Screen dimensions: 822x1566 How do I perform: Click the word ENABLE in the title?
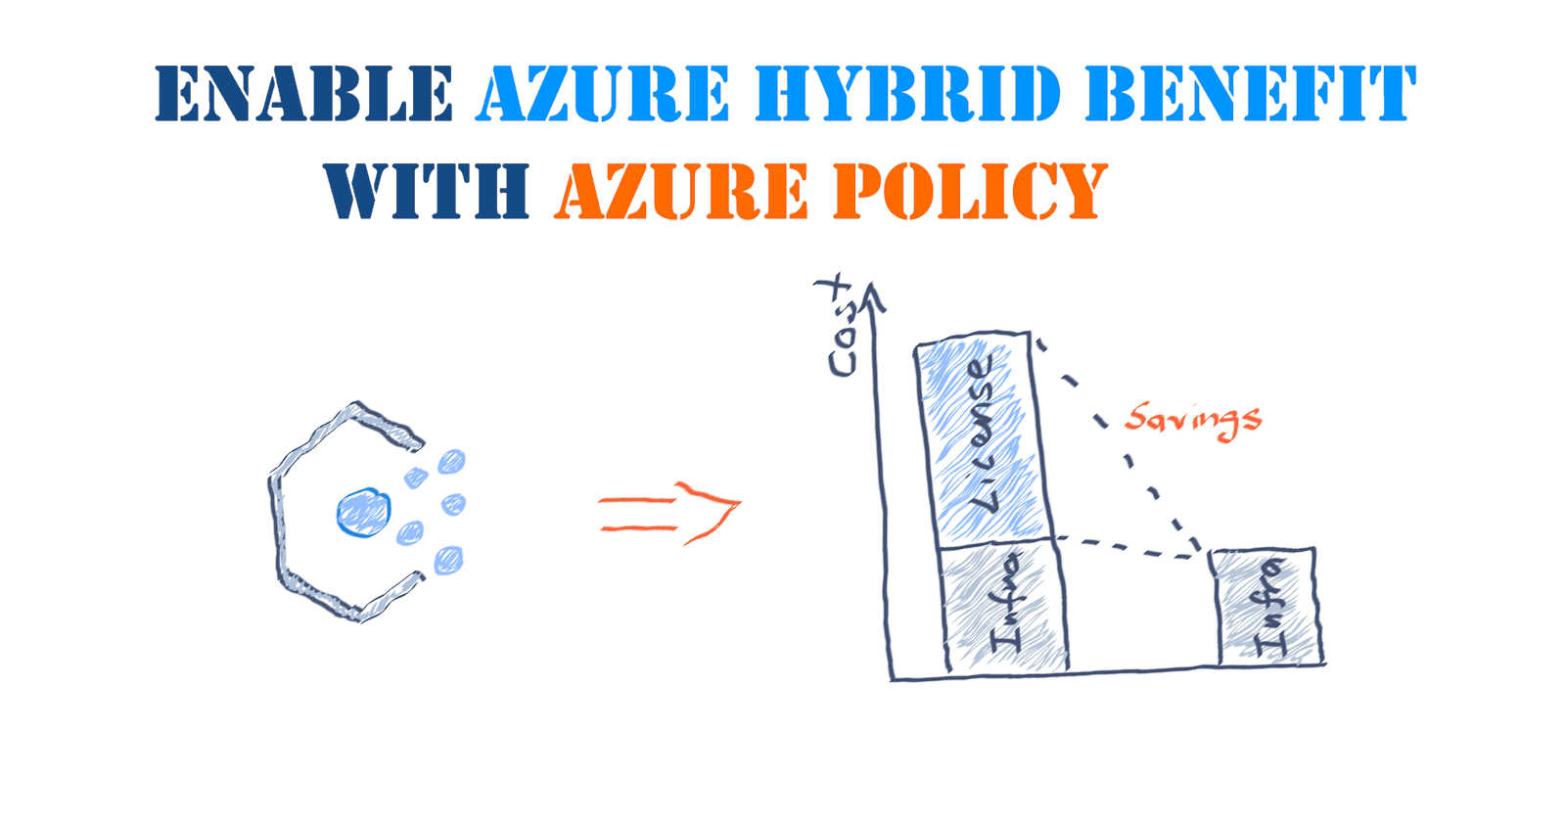[303, 95]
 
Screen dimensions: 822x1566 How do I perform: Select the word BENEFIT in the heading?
[1250, 95]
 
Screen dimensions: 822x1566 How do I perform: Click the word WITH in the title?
[427, 191]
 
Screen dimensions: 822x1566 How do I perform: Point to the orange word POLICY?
[970, 191]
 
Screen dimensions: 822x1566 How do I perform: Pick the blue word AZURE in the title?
[603, 95]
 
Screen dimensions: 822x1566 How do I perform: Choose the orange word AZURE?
[681, 191]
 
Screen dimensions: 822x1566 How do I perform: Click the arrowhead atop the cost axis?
[871, 297]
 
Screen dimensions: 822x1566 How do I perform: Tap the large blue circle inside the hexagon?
[364, 513]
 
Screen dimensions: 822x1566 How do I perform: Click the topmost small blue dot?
[451, 461]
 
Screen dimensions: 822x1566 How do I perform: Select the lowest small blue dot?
[448, 560]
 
